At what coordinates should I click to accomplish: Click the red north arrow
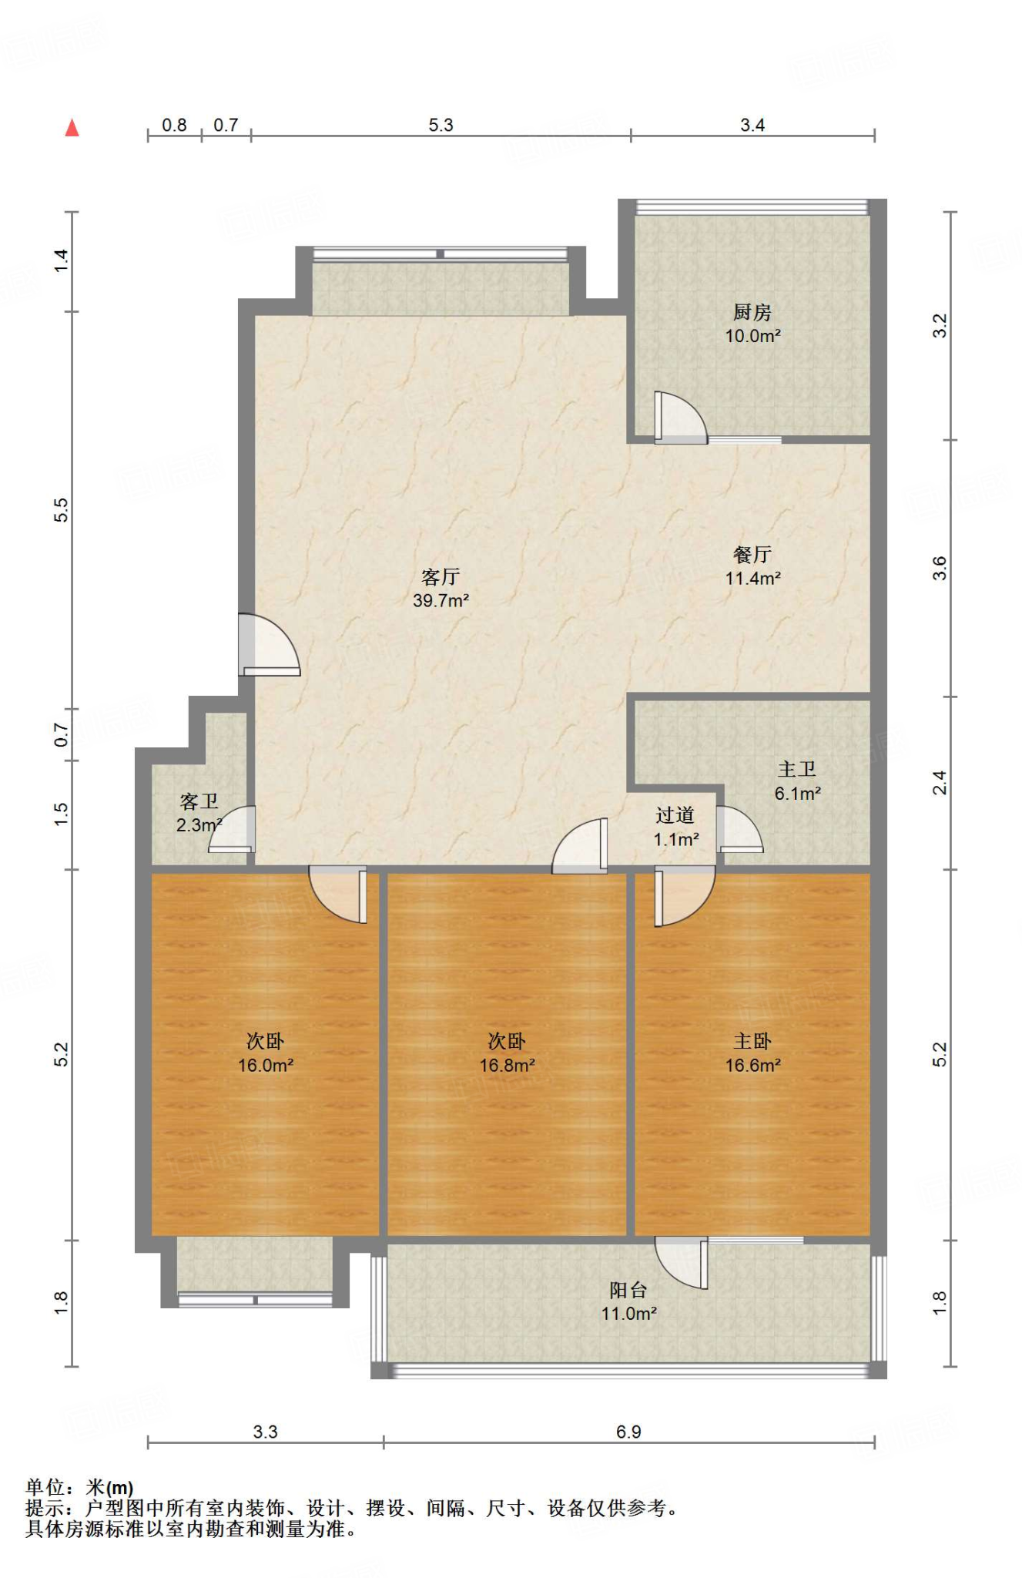coord(72,128)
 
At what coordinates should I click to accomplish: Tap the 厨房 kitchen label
coord(752,312)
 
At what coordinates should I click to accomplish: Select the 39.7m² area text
coord(441,601)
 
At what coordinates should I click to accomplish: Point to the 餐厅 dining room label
coord(752,554)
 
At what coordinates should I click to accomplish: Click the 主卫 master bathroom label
coord(797,769)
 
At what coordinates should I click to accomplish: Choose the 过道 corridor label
coord(675,815)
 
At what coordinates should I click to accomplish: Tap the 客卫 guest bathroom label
coord(199,801)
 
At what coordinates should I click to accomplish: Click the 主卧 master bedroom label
coord(752,1042)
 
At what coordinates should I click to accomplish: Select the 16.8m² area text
coord(507,1066)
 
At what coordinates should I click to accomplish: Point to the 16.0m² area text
coord(265,1066)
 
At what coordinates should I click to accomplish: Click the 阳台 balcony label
coord(628,1290)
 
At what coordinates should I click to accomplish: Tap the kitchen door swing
coord(680,418)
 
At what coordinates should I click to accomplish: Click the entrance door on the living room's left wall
coord(269,645)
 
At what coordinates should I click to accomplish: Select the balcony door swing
coord(682,1263)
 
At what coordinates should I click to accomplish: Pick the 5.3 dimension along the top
coord(441,125)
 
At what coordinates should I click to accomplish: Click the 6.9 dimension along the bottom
coord(628,1432)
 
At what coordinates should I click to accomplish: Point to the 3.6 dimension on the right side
coord(940,569)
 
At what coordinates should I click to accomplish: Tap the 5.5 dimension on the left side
coord(61,510)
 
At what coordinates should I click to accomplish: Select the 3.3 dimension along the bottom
coord(265,1432)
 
